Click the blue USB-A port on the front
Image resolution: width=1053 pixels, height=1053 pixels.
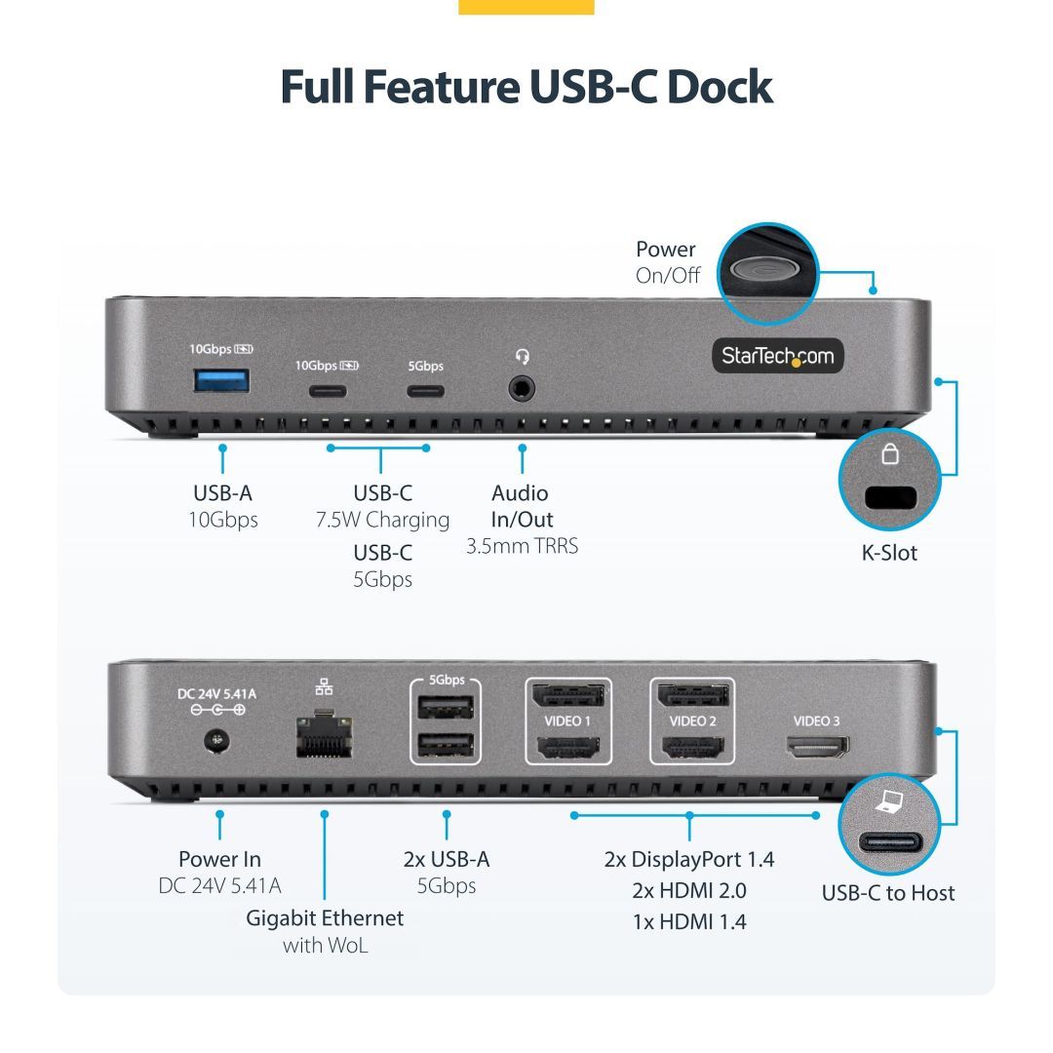221,381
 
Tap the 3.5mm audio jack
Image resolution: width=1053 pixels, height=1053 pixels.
522,389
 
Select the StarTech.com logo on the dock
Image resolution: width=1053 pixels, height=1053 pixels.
777,356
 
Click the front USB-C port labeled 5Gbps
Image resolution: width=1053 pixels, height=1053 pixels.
425,392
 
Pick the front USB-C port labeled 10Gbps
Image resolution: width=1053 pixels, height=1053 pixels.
328,392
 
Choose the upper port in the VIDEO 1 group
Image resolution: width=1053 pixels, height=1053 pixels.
568,696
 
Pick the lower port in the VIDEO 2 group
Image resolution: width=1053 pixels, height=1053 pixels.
692,748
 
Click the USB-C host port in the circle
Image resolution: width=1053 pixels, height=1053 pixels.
888,843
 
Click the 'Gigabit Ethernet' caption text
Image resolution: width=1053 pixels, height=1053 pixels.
324,917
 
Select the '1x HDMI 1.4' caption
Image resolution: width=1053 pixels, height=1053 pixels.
688,921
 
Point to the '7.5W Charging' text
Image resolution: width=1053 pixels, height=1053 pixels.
382,520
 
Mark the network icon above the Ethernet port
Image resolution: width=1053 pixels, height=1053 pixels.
324,686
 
